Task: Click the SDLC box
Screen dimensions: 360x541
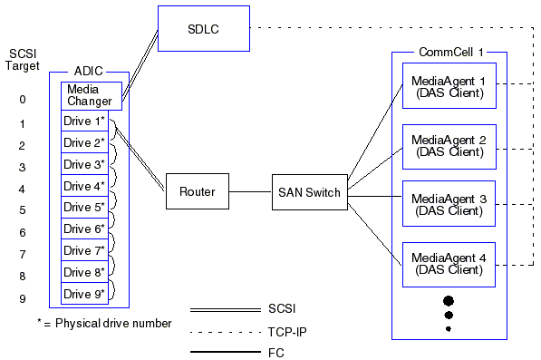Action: coord(202,29)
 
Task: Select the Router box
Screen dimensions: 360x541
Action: coord(197,191)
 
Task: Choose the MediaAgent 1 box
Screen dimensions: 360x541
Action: coord(449,86)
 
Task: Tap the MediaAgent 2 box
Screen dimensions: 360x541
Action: coord(449,147)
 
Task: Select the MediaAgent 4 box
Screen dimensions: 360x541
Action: coord(449,264)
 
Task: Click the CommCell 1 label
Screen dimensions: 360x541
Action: coord(449,54)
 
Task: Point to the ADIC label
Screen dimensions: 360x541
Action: coord(88,70)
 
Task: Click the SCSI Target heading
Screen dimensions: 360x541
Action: coord(23,60)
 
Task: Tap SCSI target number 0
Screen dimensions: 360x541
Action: coord(23,100)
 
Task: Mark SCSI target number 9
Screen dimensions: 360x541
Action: coord(23,298)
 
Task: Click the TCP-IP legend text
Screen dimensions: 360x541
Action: coord(288,331)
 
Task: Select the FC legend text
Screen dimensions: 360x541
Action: coord(276,352)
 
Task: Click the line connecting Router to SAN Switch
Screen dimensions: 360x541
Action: coord(250,191)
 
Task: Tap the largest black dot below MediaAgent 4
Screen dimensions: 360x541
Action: coord(448,300)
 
